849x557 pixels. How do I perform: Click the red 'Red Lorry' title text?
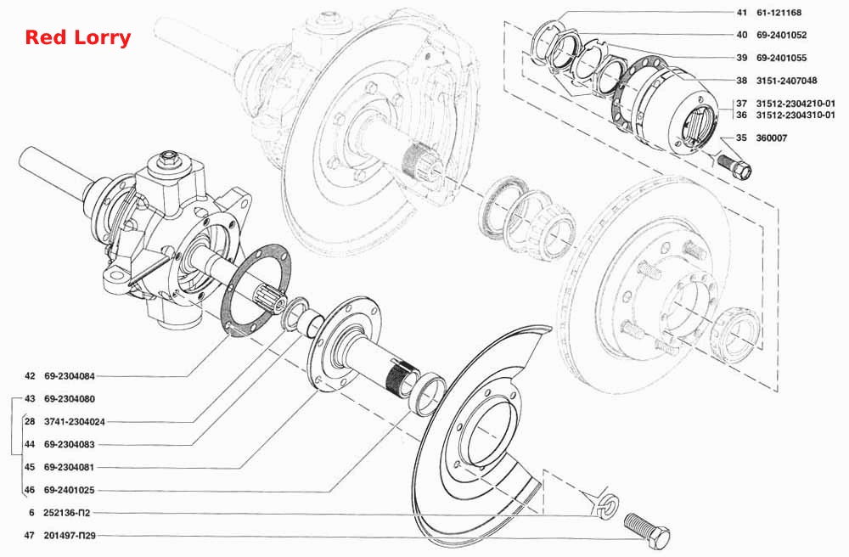pyautogui.click(x=78, y=38)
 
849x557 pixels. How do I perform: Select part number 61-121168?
pyautogui.click(x=779, y=13)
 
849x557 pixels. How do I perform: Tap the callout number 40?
pyautogui.click(x=742, y=35)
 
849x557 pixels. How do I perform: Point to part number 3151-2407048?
pyautogui.click(x=787, y=81)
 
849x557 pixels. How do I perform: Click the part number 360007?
pyautogui.click(x=772, y=138)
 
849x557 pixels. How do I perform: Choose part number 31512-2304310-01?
pyautogui.click(x=796, y=115)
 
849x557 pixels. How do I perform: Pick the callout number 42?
pyautogui.click(x=30, y=376)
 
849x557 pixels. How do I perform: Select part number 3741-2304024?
pyautogui.click(x=75, y=422)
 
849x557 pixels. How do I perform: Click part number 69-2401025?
pyautogui.click(x=70, y=490)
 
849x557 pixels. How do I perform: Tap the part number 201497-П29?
pyautogui.click(x=70, y=535)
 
